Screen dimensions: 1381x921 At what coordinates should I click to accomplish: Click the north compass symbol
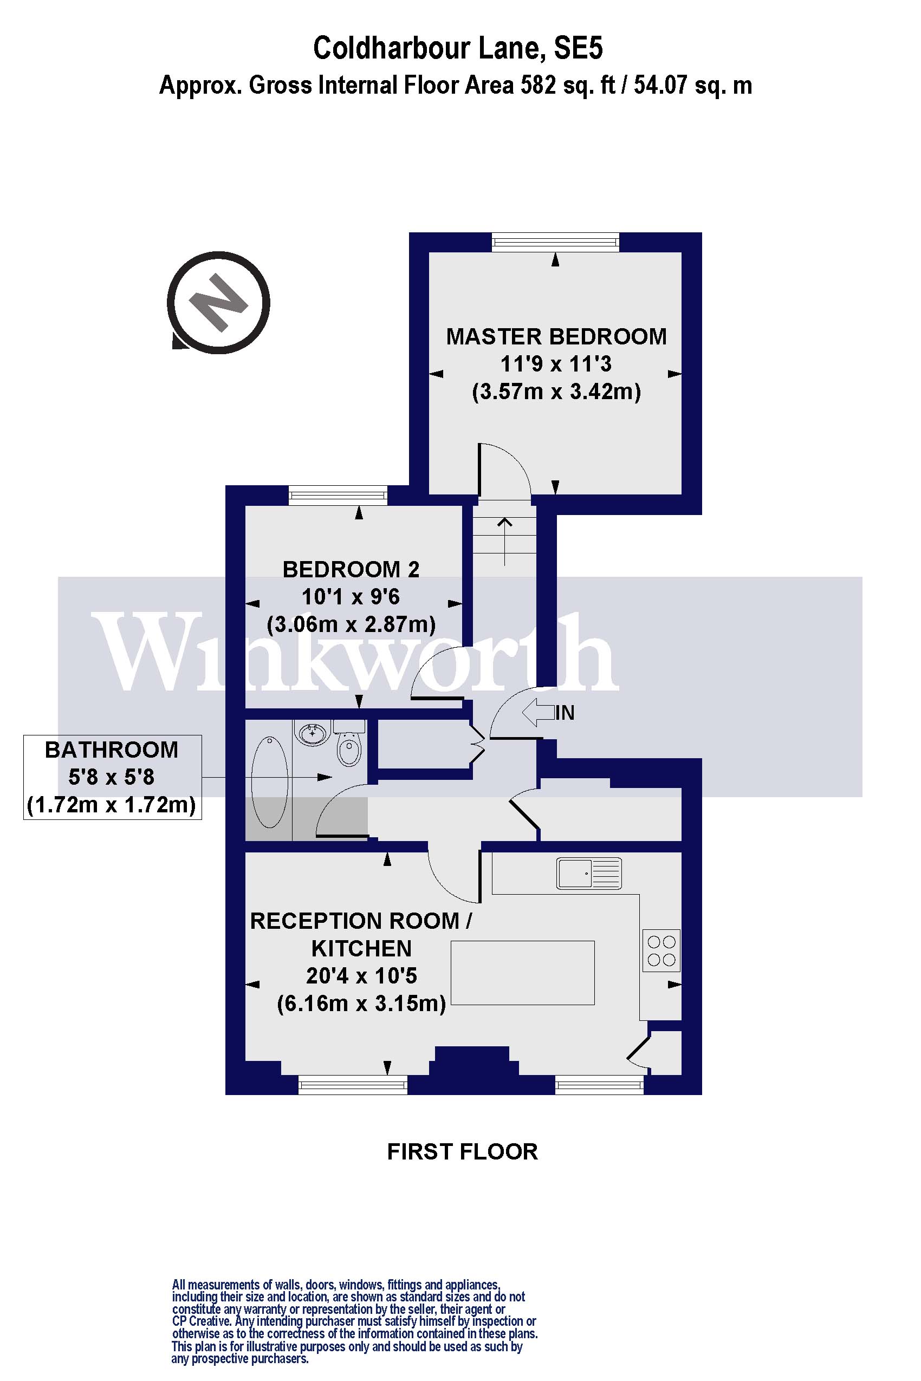218,303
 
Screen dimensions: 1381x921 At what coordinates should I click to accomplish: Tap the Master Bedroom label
556,337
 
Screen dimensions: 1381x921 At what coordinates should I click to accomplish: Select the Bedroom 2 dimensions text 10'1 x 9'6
350,597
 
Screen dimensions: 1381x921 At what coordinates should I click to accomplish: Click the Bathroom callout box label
112,751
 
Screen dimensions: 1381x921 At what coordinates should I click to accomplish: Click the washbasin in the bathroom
313,733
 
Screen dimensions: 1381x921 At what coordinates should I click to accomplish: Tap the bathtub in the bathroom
269,782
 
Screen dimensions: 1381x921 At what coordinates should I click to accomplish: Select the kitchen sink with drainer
588,873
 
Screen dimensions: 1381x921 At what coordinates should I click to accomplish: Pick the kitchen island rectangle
522,972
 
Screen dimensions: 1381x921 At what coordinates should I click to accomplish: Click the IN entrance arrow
538,713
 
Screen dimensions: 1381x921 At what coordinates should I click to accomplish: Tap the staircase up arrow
504,540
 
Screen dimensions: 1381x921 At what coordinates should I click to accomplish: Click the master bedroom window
555,242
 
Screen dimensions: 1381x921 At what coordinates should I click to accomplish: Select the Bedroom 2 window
338,496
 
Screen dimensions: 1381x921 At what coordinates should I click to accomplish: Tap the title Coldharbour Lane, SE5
458,48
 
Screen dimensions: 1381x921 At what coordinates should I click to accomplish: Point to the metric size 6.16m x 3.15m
361,1004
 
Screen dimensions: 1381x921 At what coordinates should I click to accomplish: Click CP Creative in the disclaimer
201,1321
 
